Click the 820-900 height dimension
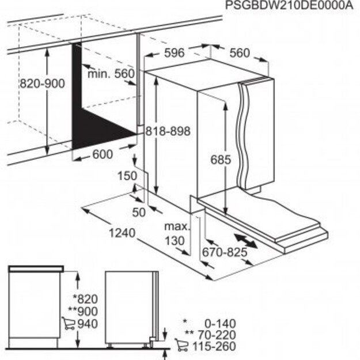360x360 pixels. [x=42, y=83]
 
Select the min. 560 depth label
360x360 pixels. [x=111, y=74]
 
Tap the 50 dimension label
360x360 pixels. [x=139, y=212]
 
